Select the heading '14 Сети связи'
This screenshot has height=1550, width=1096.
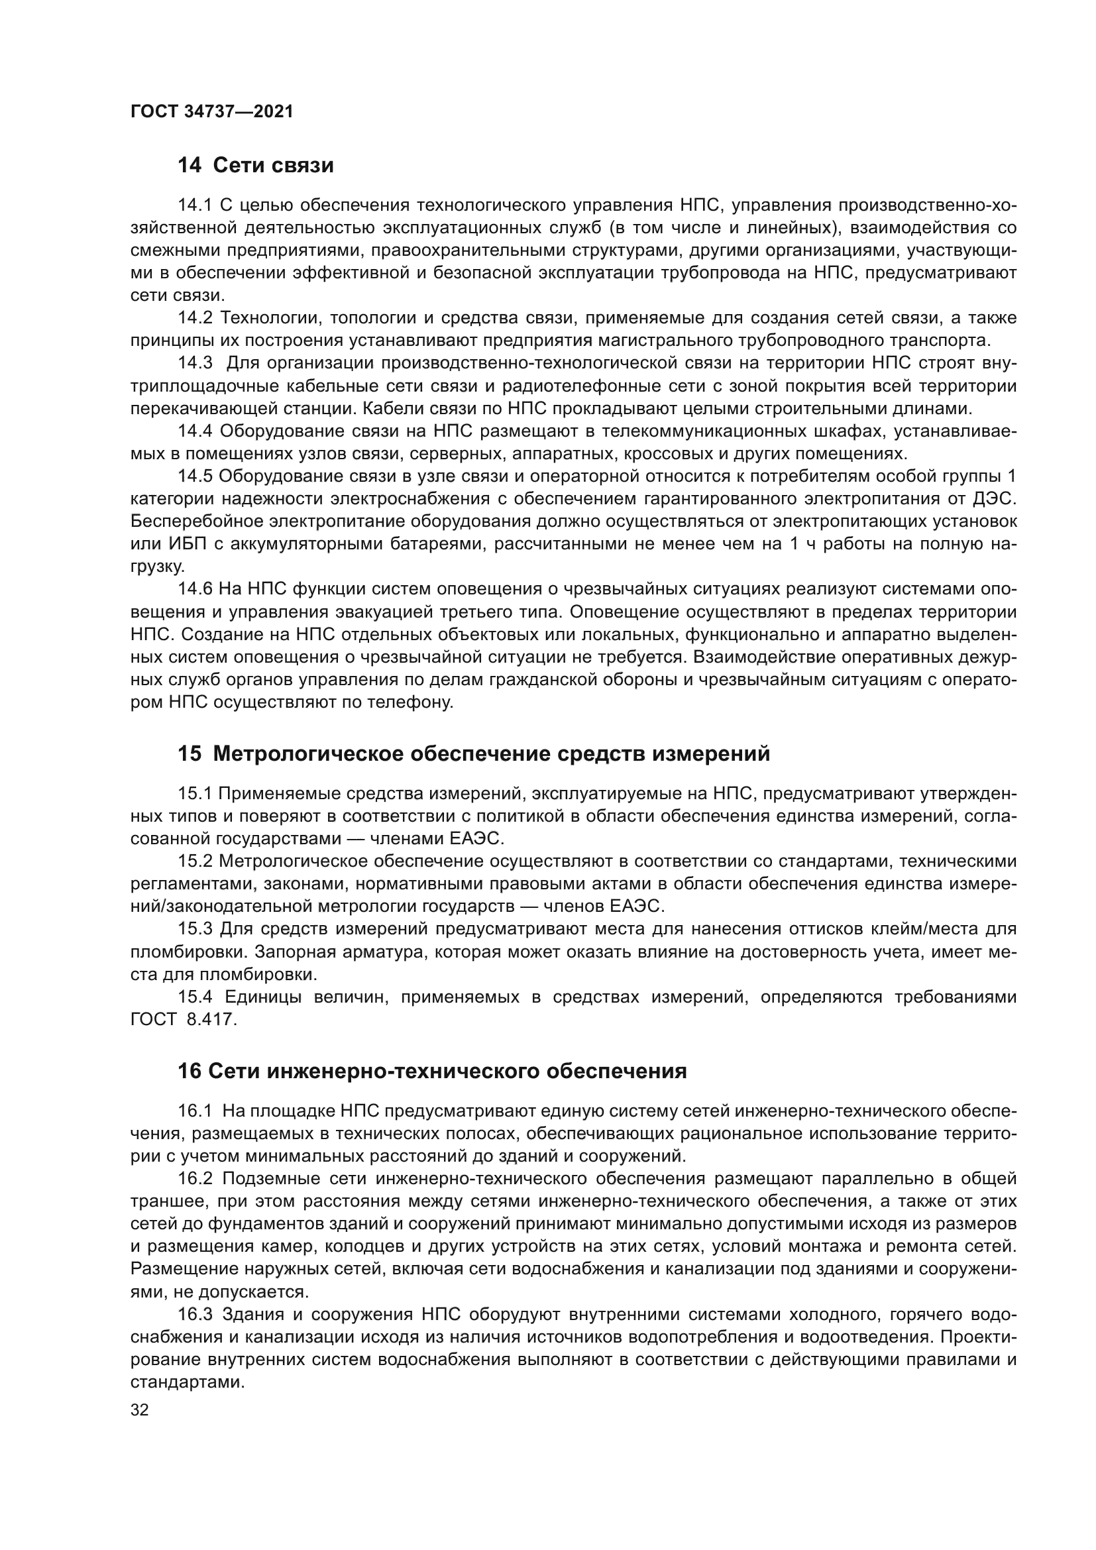tap(256, 166)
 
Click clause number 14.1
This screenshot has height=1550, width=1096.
tap(195, 205)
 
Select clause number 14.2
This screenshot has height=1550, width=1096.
tap(195, 318)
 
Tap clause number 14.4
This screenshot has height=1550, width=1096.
tap(195, 431)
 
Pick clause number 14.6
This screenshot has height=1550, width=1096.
tap(195, 588)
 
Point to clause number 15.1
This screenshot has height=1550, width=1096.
tap(195, 793)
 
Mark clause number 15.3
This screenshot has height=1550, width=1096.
tap(195, 929)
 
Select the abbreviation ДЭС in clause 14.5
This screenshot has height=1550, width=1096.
tap(995, 499)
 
